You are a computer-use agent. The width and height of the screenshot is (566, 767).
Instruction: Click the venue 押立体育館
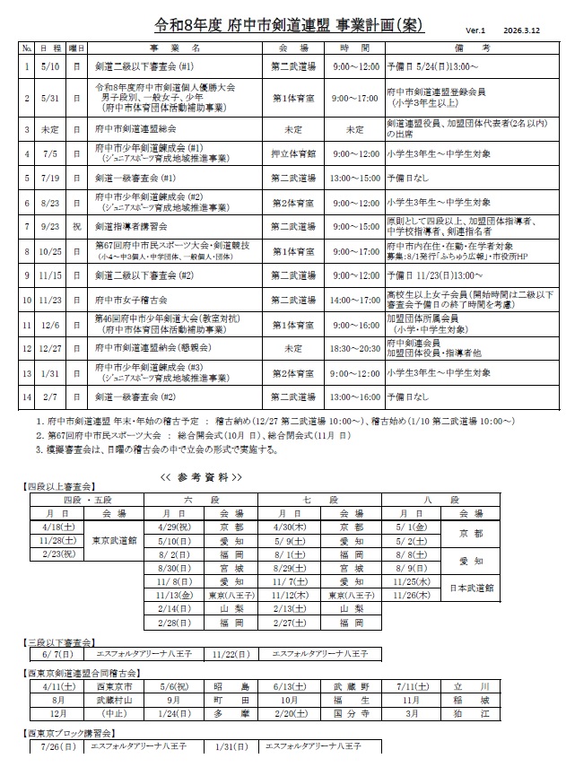point(292,153)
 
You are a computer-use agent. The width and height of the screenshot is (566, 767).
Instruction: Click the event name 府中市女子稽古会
point(140,300)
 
